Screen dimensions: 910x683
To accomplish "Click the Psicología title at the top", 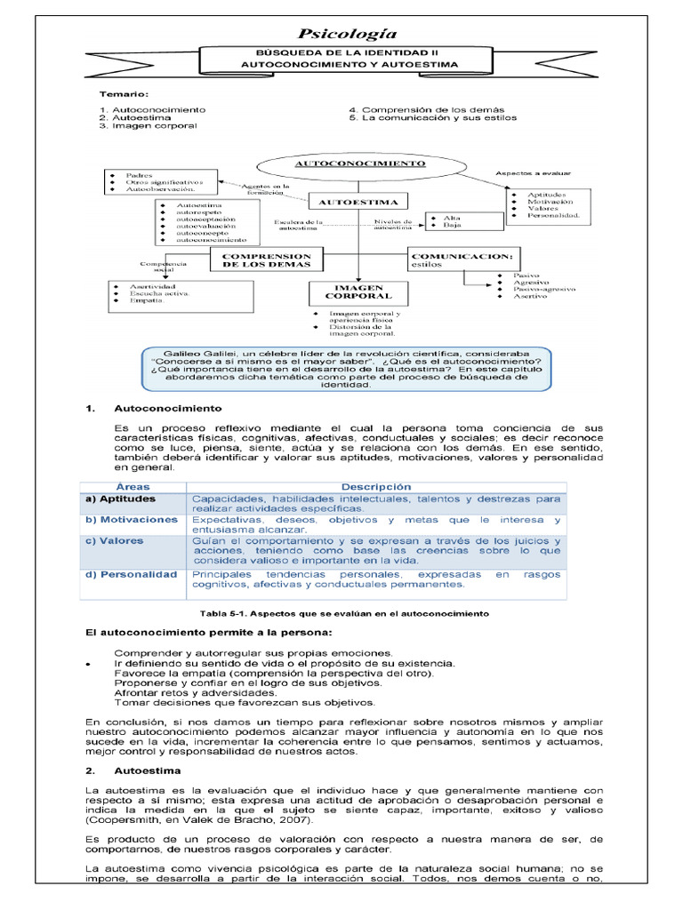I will click(x=347, y=34).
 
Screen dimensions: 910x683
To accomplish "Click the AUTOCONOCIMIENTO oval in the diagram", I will click(x=359, y=164).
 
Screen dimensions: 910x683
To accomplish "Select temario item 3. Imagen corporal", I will click(x=148, y=126).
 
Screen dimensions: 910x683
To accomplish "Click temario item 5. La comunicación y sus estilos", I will click(x=432, y=117).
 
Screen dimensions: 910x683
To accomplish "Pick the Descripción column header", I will click(x=377, y=487).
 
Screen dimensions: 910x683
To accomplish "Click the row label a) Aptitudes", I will click(x=119, y=499).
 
